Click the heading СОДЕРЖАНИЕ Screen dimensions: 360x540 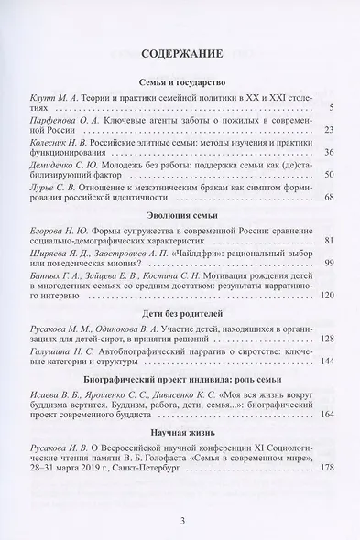pos(180,54)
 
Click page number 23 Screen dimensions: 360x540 pos(330,132)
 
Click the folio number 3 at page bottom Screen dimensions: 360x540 pos(180,522)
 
